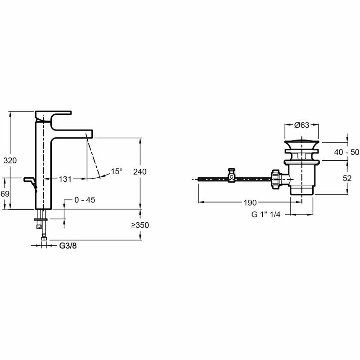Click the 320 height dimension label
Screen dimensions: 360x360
coord(10,160)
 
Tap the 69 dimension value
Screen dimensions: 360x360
coord(5,193)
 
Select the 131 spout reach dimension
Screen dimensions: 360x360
coord(65,179)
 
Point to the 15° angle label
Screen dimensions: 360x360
coord(117,171)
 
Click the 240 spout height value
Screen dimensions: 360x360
coord(140,171)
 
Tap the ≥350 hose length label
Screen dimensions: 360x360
coord(140,225)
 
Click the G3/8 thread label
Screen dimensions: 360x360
coord(69,246)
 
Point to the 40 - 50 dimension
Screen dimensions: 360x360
coord(346,152)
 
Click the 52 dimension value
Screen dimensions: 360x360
coord(347,178)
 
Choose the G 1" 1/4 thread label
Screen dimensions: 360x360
coord(266,215)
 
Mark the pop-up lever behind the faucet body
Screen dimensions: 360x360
coord(30,181)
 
